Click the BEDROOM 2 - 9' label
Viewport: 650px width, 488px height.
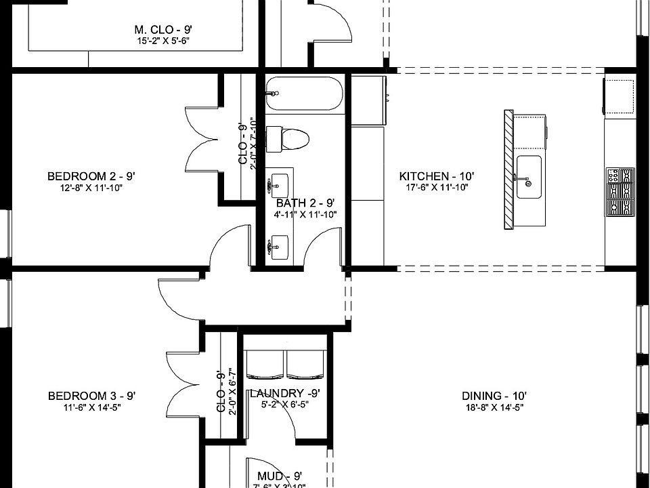coord(91,177)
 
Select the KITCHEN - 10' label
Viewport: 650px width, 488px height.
coord(437,177)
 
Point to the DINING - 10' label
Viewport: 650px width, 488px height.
coord(494,396)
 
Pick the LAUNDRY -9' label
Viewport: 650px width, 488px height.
coord(284,393)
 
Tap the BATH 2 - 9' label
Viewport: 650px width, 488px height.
coord(305,203)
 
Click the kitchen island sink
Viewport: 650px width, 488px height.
coord(528,177)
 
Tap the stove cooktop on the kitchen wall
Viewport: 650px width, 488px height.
coord(620,191)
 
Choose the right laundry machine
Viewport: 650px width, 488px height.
coord(305,365)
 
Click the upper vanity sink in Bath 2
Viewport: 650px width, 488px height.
coord(278,184)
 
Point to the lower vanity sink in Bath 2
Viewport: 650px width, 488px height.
coord(278,247)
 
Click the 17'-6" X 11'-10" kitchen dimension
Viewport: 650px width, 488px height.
coord(436,188)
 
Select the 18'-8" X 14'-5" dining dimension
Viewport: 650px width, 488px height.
coord(494,407)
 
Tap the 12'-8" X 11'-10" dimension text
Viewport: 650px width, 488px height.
coord(91,188)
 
